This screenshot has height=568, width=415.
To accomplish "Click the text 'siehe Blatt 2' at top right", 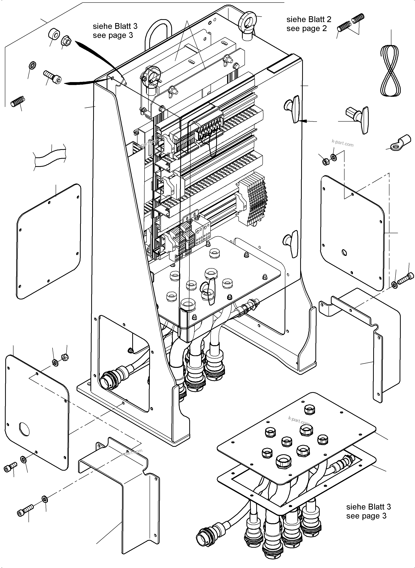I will click(309, 19).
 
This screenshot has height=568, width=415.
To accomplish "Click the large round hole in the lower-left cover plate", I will click(24, 429).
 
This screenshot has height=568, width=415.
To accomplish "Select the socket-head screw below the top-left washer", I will click(53, 77).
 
